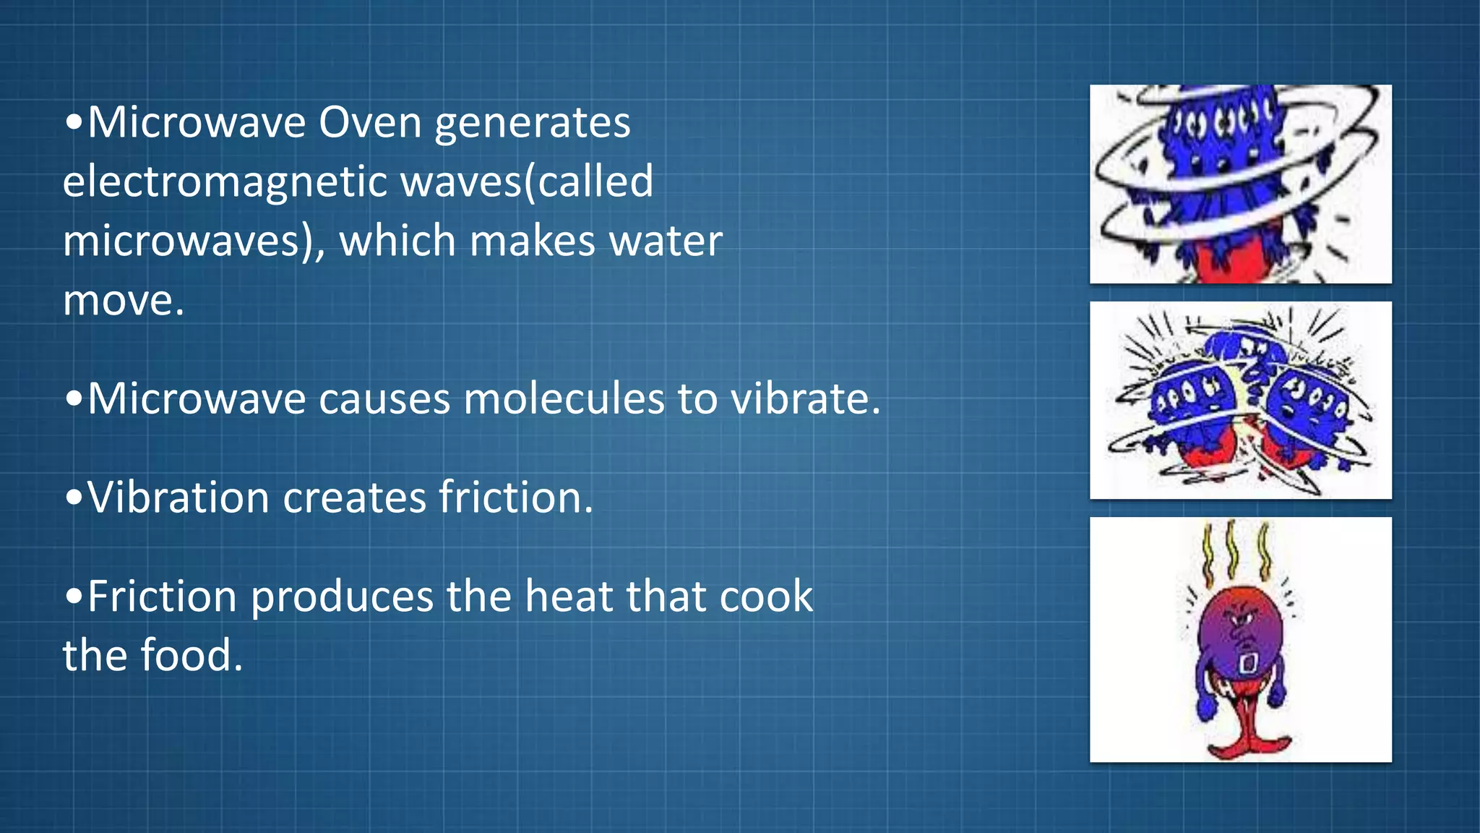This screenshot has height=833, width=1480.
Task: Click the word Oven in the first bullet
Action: (370, 122)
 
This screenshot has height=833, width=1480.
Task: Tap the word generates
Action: (533, 124)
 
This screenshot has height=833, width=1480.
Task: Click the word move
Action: (123, 300)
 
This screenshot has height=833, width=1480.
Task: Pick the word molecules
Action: (564, 399)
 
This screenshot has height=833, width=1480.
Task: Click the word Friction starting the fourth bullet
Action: (163, 597)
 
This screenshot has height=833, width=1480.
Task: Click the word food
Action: (191, 656)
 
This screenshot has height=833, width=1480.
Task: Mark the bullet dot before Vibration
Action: (73, 498)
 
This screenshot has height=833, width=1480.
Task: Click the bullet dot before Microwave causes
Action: (73, 399)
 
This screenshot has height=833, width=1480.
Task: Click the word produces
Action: (342, 598)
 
